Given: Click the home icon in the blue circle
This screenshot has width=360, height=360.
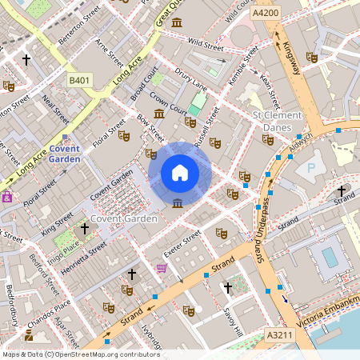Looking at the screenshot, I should pos(180,173).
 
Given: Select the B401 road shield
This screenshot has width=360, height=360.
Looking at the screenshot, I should pos(80,81).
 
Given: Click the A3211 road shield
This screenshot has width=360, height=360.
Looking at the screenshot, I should pos(278,335).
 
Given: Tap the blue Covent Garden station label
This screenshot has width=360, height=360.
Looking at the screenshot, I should pos(65,154).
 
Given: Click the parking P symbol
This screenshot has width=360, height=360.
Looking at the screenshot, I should pos(311,170).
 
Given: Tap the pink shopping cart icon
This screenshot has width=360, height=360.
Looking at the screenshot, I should pos(162,268).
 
